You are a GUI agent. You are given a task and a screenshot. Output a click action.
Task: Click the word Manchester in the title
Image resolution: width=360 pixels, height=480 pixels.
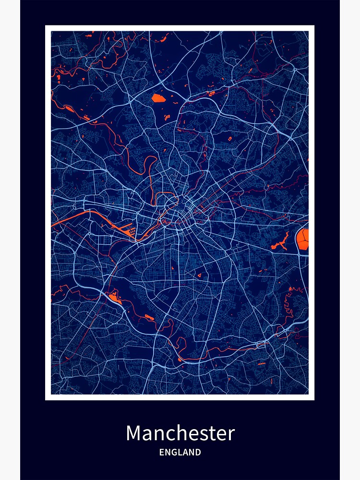point(180,433)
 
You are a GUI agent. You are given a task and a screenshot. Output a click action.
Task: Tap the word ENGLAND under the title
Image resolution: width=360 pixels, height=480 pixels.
point(180,452)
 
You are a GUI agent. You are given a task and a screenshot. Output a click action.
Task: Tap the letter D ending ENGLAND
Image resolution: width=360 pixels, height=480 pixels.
point(198,452)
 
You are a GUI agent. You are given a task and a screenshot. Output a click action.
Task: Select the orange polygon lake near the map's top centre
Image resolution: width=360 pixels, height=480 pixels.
point(158,98)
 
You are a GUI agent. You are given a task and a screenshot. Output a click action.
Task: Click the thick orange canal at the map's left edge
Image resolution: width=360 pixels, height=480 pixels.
point(67,218)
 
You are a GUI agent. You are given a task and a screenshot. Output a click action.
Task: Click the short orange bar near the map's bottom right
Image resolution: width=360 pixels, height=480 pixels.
point(262,364)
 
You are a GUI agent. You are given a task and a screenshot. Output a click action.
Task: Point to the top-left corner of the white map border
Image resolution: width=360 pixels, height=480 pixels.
point(46,26)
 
